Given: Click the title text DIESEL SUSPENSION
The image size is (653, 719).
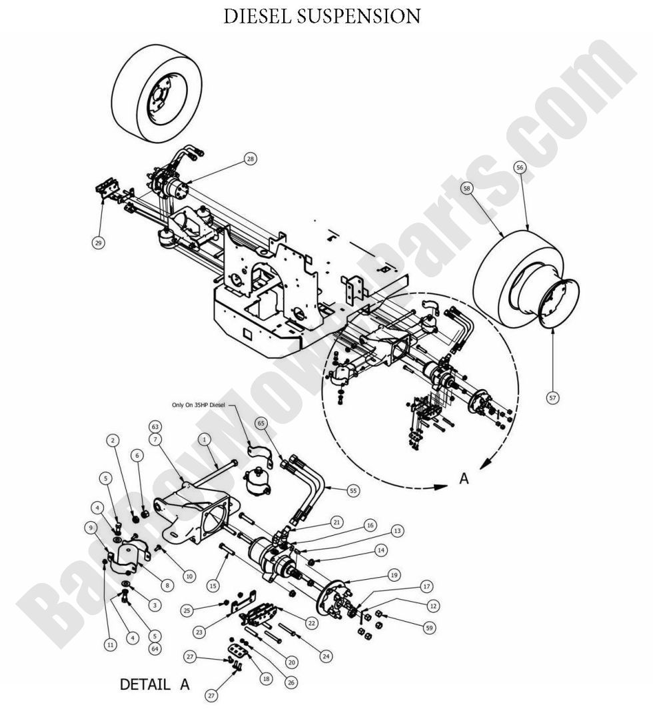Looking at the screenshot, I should (x=322, y=17).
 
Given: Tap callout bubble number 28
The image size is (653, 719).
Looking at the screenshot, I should (x=250, y=160).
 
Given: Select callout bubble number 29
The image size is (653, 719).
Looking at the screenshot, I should (x=98, y=243).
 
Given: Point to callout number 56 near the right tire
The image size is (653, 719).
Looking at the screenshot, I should (x=520, y=168).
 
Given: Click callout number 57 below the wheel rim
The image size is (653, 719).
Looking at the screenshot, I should (x=552, y=398).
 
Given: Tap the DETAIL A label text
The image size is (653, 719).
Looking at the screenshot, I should (x=155, y=684).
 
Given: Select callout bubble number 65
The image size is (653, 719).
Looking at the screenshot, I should (x=261, y=423).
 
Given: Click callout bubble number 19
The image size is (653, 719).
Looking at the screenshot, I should (x=394, y=574).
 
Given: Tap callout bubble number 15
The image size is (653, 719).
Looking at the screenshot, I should (x=213, y=586).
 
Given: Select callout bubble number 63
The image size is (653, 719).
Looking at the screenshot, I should (x=155, y=426).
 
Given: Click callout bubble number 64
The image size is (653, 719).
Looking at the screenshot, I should (x=155, y=648).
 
